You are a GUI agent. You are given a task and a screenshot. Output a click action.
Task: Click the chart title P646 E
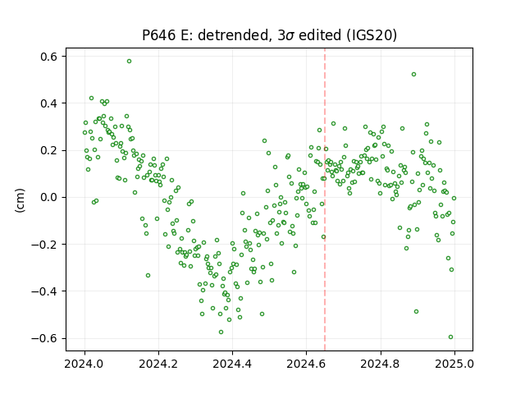(269, 35)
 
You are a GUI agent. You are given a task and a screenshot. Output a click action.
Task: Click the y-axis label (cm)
(20, 200)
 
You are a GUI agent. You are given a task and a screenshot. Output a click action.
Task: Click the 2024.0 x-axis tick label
(84, 364)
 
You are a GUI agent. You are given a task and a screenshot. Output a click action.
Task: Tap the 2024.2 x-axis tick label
(158, 364)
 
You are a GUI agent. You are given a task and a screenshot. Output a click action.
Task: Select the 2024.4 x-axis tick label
(232, 364)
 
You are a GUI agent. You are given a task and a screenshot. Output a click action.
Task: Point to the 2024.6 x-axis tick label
(306, 364)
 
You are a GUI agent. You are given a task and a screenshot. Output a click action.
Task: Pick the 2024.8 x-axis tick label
(380, 364)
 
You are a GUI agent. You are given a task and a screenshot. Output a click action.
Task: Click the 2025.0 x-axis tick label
(454, 364)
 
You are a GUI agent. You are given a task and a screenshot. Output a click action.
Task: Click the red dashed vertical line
(325, 199)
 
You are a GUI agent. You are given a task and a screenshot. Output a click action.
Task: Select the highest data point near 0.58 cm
(129, 62)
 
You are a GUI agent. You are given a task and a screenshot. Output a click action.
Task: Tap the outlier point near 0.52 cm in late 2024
(413, 75)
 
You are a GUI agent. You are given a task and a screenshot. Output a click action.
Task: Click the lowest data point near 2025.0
(450, 337)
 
